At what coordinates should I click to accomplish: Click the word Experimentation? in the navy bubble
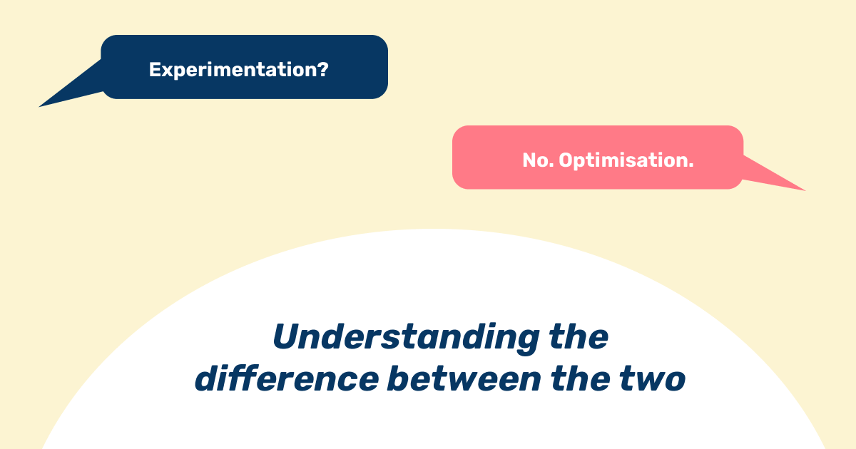(238, 70)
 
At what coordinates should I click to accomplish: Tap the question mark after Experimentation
(323, 68)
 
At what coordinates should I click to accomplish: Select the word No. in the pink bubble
(538, 160)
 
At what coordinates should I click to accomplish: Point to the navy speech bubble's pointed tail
(39, 106)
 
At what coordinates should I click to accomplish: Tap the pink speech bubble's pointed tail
(805, 190)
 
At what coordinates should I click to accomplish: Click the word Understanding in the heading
(406, 339)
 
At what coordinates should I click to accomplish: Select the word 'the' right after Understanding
(579, 336)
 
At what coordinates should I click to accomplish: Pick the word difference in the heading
(287, 378)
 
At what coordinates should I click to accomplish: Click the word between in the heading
(464, 378)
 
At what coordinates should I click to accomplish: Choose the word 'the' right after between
(580, 378)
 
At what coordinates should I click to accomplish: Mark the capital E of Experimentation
(154, 70)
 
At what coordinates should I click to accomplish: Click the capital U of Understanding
(287, 336)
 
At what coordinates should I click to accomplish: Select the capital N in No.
(529, 160)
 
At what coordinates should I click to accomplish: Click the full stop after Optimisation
(691, 165)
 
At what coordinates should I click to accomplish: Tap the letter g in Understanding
(526, 342)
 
